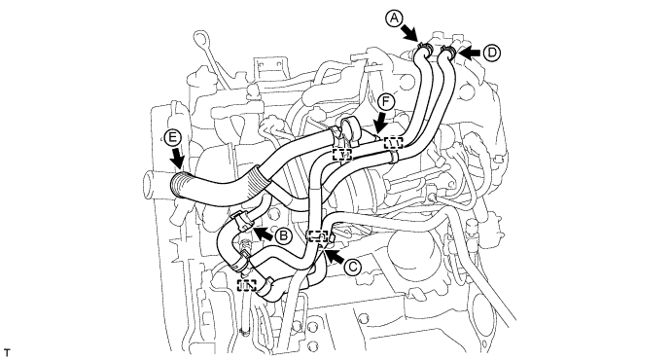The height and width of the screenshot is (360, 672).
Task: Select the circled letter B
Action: coord(283,235)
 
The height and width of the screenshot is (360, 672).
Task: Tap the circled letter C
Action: coord(352,267)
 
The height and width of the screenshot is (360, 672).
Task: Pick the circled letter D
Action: coord(492,53)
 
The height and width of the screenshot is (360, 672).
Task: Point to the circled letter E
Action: coord(173,137)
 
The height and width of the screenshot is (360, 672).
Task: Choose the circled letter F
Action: coord(387,102)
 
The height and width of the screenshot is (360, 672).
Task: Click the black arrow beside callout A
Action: coord(409,33)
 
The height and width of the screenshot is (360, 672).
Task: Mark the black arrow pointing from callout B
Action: coord(263,234)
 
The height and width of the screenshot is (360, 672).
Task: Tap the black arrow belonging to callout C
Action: coord(335,256)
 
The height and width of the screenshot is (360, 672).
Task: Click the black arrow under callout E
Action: coord(177,159)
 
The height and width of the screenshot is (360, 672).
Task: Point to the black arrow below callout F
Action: coord(380,125)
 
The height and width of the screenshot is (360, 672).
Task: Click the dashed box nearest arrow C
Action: coord(318,236)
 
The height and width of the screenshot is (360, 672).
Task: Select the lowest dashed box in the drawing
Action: coord(247,285)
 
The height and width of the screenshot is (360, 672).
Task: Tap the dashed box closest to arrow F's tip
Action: coord(393,143)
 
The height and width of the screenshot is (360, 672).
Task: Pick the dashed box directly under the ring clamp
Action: coord(342,155)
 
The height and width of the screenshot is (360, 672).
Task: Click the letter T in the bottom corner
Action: coord(7,353)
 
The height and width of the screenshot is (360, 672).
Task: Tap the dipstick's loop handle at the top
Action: coord(199,37)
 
